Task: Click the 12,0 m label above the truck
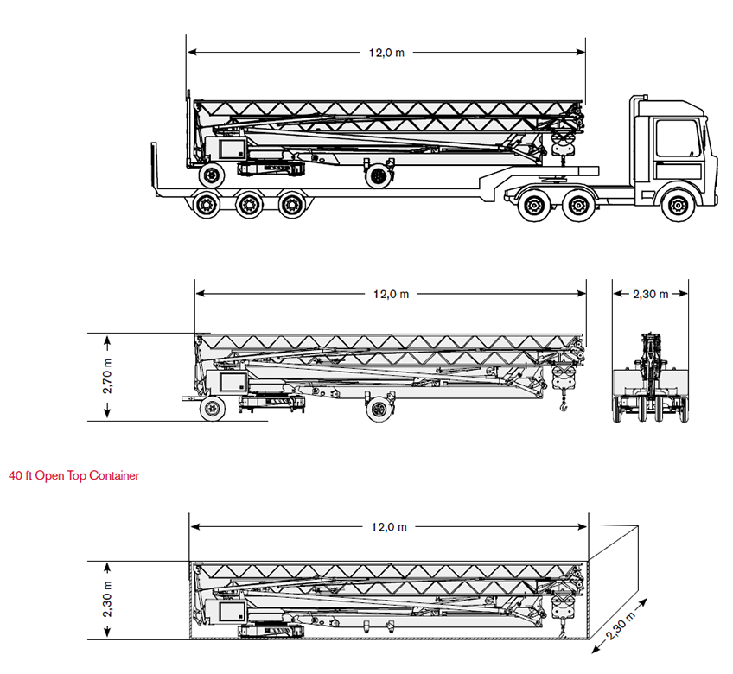click(x=386, y=53)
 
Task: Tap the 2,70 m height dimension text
click(x=108, y=377)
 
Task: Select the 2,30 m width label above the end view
click(x=651, y=294)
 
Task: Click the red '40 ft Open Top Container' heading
click(x=73, y=475)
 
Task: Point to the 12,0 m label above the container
click(x=389, y=527)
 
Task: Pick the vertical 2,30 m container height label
click(x=108, y=601)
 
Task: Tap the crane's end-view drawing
click(x=650, y=380)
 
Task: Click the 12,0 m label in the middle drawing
click(x=391, y=294)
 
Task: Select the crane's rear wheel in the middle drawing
click(x=212, y=409)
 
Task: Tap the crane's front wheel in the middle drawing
click(x=377, y=409)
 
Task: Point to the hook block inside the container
click(x=562, y=609)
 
